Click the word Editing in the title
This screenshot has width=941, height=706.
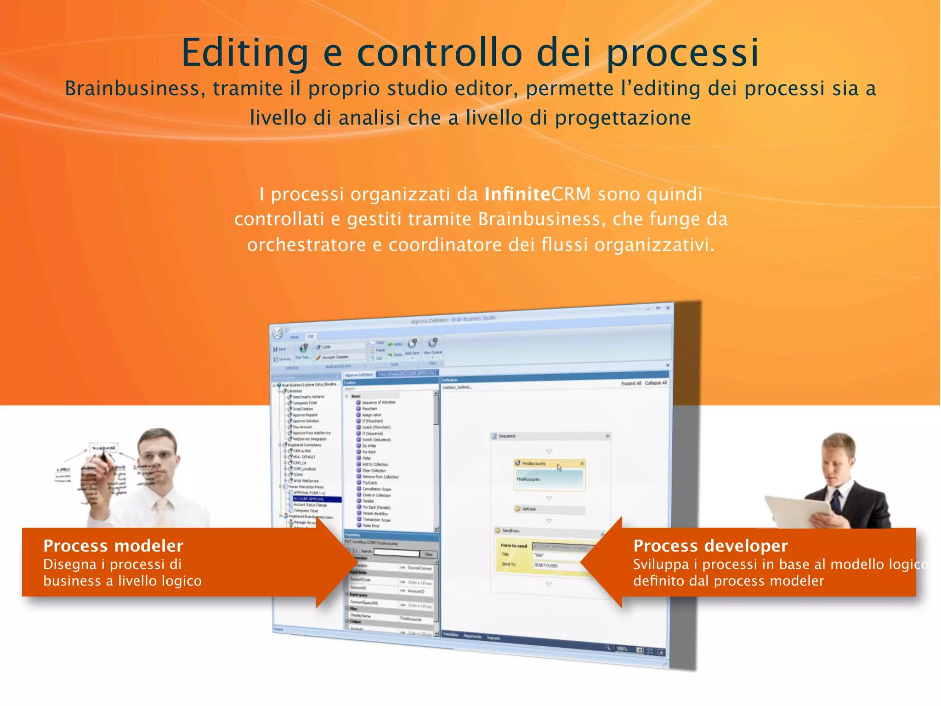[244, 53]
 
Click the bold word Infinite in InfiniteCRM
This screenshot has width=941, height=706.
[517, 194]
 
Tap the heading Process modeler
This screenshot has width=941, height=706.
[113, 546]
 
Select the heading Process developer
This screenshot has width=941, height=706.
[710, 546]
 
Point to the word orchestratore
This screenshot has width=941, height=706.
[306, 245]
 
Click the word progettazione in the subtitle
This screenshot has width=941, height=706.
[623, 118]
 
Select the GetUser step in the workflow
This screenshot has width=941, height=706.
[529, 509]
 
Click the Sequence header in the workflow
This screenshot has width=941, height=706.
[507, 436]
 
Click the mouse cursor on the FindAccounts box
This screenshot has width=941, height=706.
[559, 467]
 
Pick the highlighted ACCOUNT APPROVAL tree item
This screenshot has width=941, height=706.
[309, 499]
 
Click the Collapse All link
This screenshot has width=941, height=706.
[656, 383]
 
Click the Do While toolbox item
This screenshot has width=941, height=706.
[369, 446]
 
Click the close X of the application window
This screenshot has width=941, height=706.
[668, 308]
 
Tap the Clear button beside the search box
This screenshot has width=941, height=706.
[428, 554]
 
